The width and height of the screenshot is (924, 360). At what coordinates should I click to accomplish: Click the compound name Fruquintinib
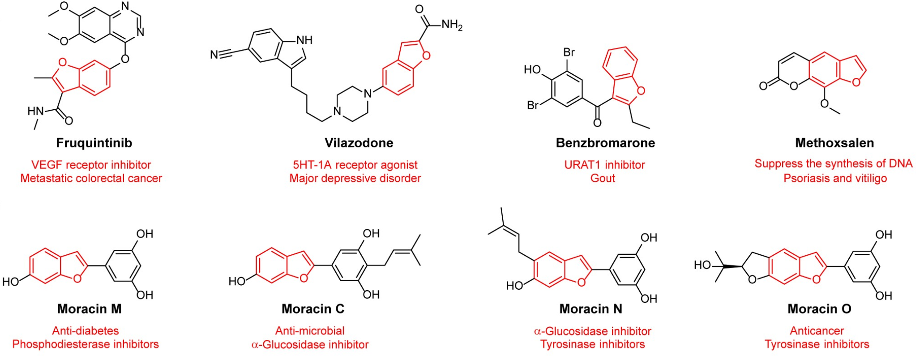coord(94,143)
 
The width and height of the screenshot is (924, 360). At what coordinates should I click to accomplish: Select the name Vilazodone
coord(359,143)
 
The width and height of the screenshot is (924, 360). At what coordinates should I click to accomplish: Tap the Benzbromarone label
coord(605,143)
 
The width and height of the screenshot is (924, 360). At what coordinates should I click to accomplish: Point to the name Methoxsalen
coord(834,143)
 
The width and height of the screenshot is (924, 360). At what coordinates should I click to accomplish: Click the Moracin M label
coord(90,309)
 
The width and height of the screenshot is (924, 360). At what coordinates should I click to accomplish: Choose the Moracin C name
coord(313,309)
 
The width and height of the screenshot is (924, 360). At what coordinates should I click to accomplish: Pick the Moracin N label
coord(591,309)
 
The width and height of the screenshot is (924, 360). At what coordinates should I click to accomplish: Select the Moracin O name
coord(819,309)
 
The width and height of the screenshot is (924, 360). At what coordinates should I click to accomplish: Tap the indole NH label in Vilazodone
coord(304,40)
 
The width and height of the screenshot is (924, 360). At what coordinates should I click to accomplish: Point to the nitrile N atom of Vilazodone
coord(214,55)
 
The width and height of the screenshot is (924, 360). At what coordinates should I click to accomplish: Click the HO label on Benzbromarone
coord(533,69)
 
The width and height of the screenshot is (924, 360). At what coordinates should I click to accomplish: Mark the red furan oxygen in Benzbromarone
coord(641,91)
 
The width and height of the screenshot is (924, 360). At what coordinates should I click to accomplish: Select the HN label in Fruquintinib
coord(36,111)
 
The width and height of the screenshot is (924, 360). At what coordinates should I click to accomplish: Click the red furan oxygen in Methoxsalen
coord(856,82)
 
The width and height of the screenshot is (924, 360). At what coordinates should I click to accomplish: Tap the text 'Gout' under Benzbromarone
coord(603,178)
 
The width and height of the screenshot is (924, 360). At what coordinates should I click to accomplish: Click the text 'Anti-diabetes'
coord(86,331)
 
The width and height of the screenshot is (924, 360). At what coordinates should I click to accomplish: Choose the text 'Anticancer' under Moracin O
coord(817,331)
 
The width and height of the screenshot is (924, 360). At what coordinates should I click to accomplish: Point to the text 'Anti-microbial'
coord(310,331)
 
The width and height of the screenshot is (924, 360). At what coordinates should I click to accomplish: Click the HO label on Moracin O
coord(702,265)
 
